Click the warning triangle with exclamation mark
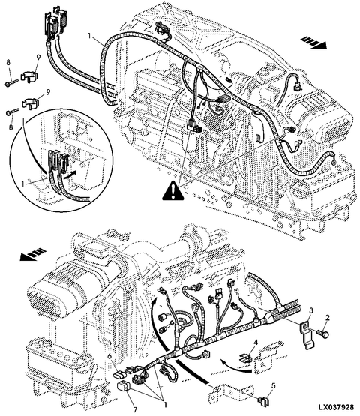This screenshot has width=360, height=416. coord(173,190)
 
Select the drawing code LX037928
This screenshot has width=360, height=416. coord(336,407)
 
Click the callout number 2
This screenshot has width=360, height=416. coord(328,317)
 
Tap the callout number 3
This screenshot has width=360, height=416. coord(312,310)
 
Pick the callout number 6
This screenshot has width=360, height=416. coord(109,356)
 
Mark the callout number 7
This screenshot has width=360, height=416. coord(136,404)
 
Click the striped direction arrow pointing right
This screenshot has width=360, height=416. coord(313,43)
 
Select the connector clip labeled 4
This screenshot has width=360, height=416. coord(246,358)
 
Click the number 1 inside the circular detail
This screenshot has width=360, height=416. coord(23,184)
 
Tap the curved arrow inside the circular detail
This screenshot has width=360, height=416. coord(70,175)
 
